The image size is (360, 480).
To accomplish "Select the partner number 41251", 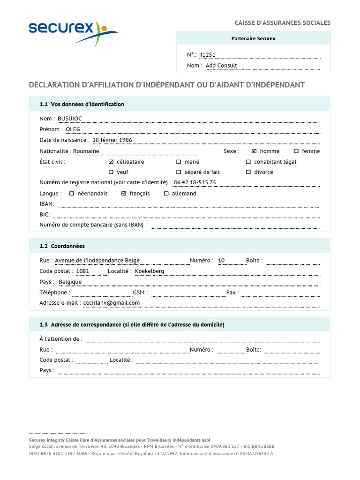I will tap(207, 55).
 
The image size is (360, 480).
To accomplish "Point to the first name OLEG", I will tap(73, 129).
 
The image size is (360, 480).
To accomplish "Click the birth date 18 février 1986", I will tap(112, 140).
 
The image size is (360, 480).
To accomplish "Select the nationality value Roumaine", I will tap(86, 151).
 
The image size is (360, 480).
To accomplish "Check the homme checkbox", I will tap(255, 151).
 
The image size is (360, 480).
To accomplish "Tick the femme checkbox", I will tap(296, 151).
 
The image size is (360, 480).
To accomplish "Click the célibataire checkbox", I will tap(111, 162).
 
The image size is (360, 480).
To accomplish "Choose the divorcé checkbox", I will tap(248, 172).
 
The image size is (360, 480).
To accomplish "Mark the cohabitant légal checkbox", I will tap(248, 162).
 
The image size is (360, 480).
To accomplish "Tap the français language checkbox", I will tap(124, 194).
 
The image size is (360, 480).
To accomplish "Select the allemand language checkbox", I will tap(166, 194).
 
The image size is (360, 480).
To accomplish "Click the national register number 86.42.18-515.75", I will tap(195, 183).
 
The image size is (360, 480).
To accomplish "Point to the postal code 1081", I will tap(82, 271).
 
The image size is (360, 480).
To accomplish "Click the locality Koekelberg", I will tap(150, 271).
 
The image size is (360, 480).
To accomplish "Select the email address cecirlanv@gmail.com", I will tap(112, 303).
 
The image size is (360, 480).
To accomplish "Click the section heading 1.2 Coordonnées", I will tap(62, 246).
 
